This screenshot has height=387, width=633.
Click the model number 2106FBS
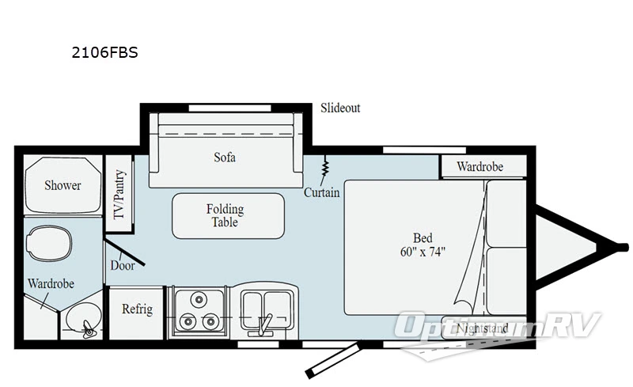tap(99, 54)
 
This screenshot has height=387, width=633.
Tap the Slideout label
tap(340, 108)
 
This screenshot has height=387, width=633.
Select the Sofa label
tap(225, 157)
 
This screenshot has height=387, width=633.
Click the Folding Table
tap(228, 215)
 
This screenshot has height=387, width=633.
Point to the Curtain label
tap(322, 192)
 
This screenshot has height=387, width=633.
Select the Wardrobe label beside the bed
tap(480, 167)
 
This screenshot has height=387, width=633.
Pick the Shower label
tap(63, 185)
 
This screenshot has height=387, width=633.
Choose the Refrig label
tap(137, 309)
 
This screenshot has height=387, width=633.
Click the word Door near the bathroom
tap(122, 266)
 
